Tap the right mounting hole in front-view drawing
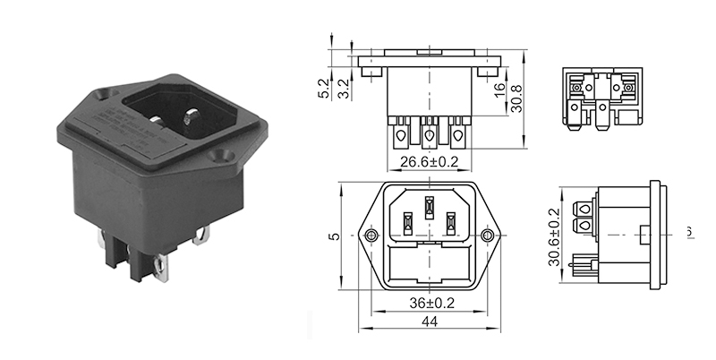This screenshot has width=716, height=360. [488, 236]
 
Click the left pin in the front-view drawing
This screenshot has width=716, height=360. [407, 221]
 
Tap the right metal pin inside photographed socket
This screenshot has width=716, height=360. [191, 118]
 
